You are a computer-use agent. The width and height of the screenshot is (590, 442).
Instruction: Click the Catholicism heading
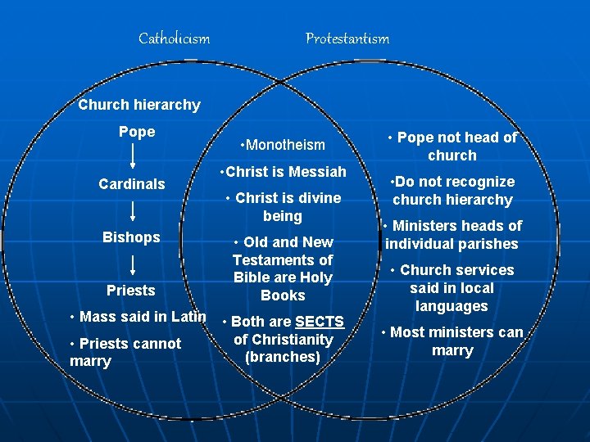tap(174, 38)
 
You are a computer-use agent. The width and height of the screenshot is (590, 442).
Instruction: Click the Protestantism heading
tap(347, 38)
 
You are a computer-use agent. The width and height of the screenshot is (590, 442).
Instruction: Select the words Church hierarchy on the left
tap(138, 105)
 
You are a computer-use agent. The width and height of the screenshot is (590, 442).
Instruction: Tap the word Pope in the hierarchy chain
tap(137, 132)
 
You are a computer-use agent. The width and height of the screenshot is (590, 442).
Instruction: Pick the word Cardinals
tap(132, 184)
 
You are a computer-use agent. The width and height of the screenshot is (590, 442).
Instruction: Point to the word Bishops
tap(131, 237)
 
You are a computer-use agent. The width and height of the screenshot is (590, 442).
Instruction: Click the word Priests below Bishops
tap(131, 291)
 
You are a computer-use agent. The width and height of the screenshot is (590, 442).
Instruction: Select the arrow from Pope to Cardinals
tap(133, 157)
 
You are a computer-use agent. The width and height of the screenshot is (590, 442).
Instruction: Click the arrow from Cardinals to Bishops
tap(133, 211)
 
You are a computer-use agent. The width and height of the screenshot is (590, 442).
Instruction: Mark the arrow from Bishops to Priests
tap(133, 264)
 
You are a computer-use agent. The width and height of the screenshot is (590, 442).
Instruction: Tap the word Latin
tap(188, 317)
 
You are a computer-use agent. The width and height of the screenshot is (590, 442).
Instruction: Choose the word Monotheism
tap(285, 145)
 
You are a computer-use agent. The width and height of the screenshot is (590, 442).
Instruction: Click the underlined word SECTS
tap(320, 322)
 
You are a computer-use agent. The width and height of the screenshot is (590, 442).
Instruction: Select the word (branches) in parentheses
tap(283, 357)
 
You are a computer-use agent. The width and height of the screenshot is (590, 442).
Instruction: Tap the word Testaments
tap(283, 260)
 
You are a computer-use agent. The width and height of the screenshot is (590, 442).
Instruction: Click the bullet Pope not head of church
tap(452, 147)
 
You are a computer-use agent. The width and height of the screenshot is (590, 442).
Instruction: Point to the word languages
tap(452, 306)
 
